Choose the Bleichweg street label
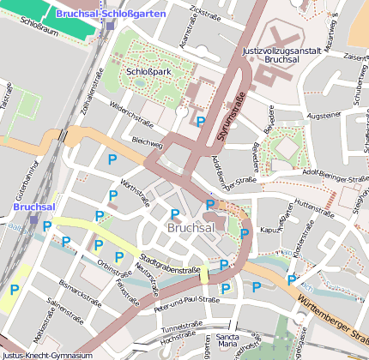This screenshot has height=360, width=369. pyautogui.click(x=148, y=141)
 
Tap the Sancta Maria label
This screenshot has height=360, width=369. pyautogui.click(x=227, y=340)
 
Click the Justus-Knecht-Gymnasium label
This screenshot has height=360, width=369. pyautogui.click(x=46, y=355)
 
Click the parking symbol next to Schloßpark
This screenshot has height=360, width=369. pyautogui.click(x=200, y=122)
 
